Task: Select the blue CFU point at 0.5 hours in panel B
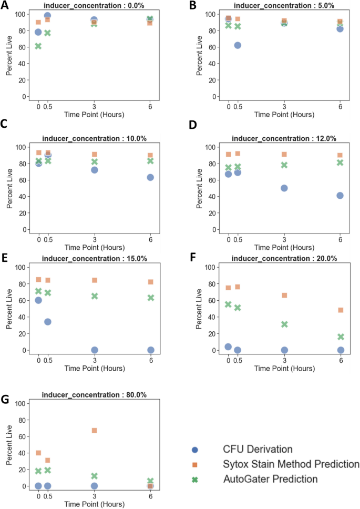point(238,45)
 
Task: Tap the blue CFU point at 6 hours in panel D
point(340,196)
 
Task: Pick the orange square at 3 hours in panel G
point(94,430)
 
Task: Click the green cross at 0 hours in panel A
point(38,46)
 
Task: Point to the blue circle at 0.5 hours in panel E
point(47,322)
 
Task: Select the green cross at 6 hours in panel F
point(340,337)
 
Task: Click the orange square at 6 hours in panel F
point(340,310)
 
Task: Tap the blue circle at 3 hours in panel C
point(94,170)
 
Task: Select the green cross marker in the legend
point(195,479)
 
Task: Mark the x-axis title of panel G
point(94,504)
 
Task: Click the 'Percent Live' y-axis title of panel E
point(9,309)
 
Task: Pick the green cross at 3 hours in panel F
point(284,324)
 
